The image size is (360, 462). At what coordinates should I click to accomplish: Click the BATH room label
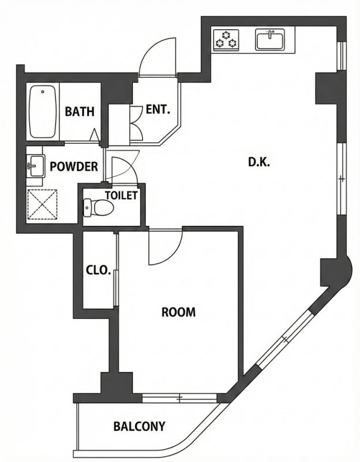pos(79,111)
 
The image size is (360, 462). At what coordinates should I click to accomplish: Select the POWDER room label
pos(73,167)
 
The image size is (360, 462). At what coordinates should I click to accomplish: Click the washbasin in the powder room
pos(35,167)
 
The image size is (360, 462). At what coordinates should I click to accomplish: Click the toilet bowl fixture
pos(96,207)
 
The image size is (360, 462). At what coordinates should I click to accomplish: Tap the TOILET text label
pos(121,195)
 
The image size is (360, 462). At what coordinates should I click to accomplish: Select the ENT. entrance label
pos(157,109)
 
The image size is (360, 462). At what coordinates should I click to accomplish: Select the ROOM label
pos(178,312)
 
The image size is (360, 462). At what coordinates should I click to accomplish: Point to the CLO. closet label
pos(98,270)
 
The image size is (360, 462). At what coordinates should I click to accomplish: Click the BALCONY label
pos(139,427)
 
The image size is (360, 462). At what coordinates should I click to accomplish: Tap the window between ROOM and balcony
pos(179,398)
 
